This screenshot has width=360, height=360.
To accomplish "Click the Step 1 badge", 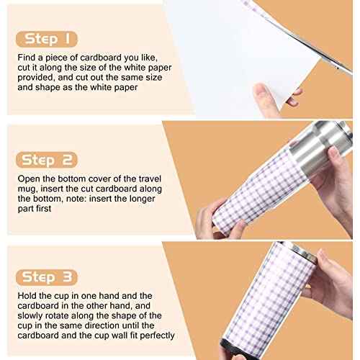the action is coord(47,39).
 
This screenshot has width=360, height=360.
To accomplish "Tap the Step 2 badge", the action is coord(47,160).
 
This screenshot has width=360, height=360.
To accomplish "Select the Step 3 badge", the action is coord(47,277).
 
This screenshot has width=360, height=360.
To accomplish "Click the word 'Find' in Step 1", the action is coord(27,58).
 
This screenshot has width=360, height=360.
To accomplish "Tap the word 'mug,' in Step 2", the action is coord(27,189).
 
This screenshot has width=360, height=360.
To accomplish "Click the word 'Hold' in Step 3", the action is coord(27,296).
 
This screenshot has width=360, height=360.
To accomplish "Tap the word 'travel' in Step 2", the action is coord(150,179).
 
